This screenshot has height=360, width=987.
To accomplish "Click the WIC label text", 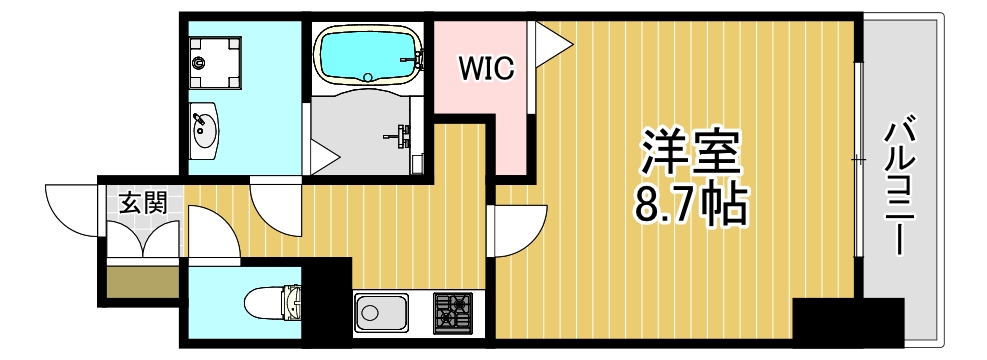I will [x=486, y=68].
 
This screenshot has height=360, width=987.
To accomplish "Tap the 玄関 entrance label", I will [x=142, y=203].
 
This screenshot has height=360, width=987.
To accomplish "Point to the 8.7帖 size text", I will [x=691, y=205].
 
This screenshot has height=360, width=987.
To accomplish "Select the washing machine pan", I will [x=214, y=61].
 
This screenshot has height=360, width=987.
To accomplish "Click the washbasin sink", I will [x=207, y=130].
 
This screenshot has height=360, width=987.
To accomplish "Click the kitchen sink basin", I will [x=381, y=314].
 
